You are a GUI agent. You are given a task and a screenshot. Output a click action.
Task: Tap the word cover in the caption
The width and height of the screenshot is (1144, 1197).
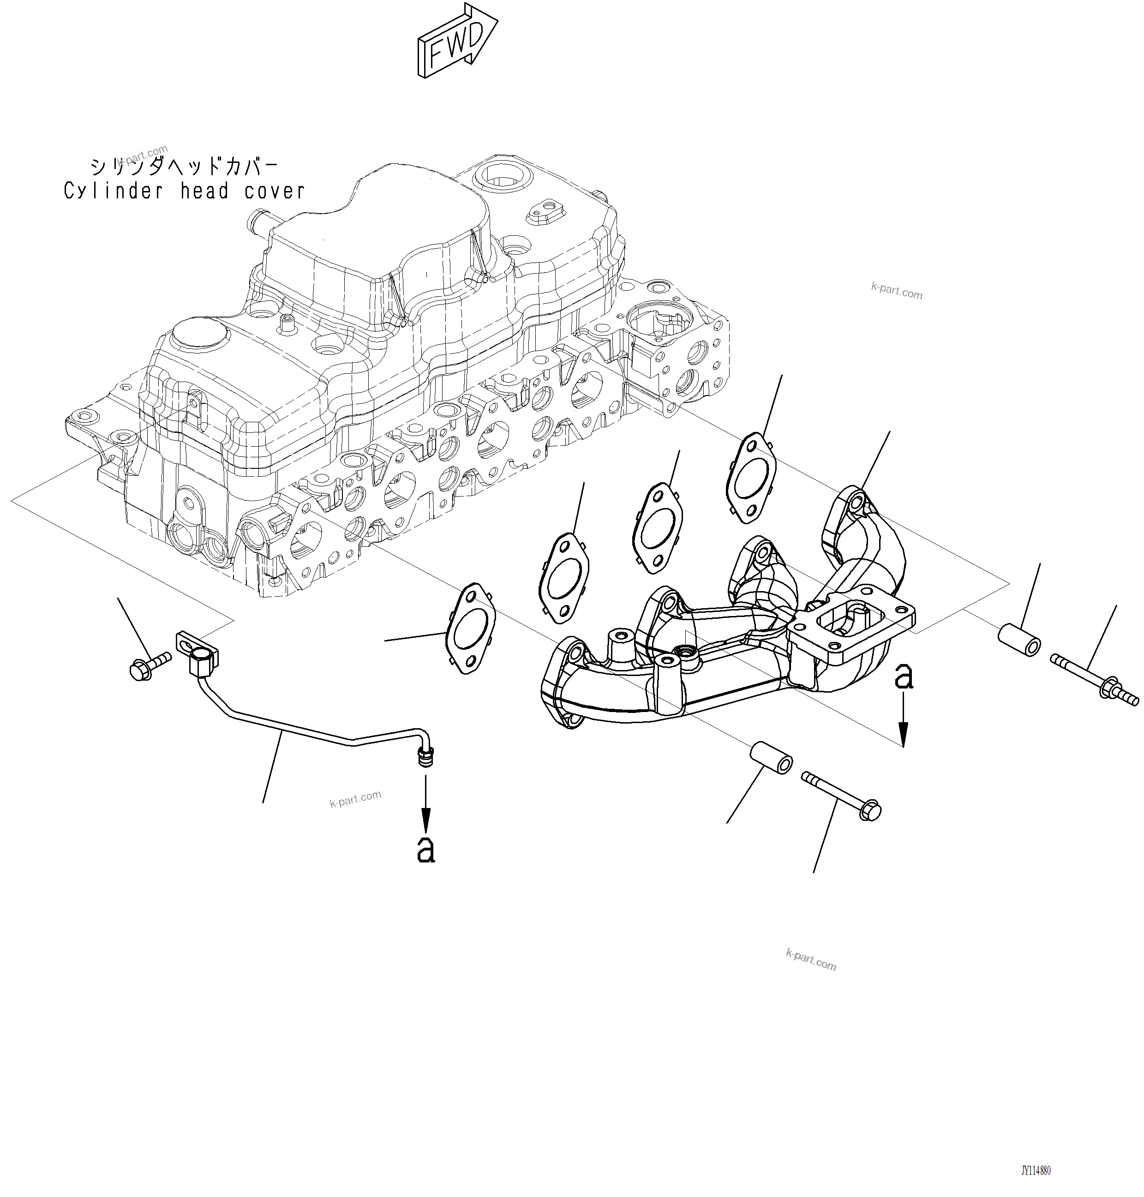[x=275, y=192]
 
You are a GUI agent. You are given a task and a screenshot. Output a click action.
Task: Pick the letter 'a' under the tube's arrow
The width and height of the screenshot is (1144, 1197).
[x=425, y=850]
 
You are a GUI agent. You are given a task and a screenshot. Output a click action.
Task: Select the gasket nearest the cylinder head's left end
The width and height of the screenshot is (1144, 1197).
[x=470, y=628]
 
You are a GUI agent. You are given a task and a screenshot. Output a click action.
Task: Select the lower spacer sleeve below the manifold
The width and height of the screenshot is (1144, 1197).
[x=771, y=757]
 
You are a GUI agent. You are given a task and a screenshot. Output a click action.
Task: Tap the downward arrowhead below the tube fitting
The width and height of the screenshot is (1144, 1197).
[x=425, y=816]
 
